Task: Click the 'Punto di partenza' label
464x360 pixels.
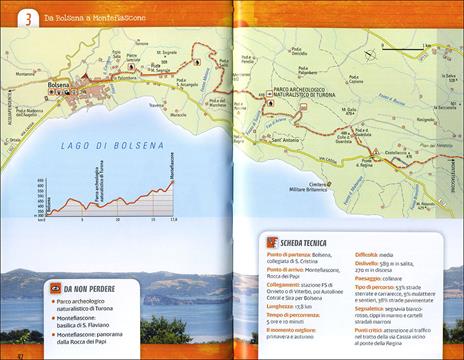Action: click(x=290, y=256)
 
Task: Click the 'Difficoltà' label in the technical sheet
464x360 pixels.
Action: click(x=370, y=256)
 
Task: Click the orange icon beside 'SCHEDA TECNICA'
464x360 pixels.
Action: click(x=271, y=243)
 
